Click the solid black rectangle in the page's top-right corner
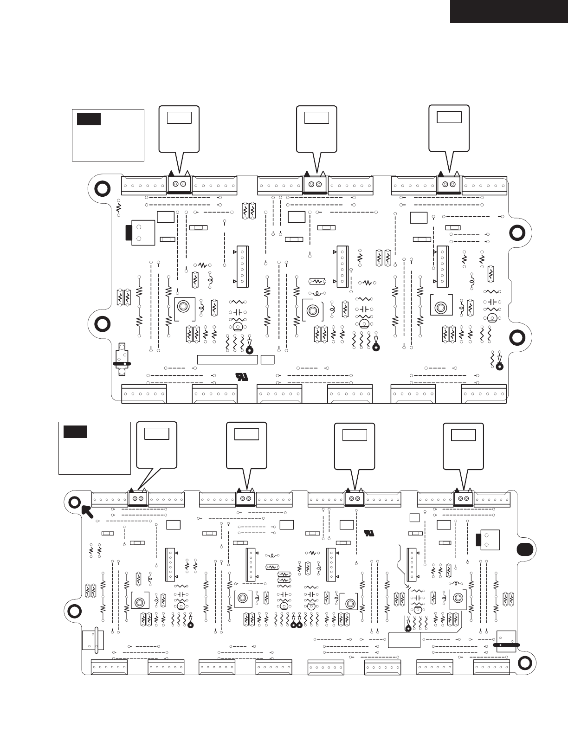[x=509, y=11]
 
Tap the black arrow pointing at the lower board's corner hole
[x=87, y=511]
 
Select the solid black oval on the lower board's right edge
[x=523, y=549]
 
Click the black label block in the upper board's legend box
[x=89, y=119]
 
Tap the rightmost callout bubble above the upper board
[x=449, y=129]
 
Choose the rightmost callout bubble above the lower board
[x=463, y=445]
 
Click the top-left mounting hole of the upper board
[x=102, y=188]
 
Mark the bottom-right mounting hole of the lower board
[x=525, y=662]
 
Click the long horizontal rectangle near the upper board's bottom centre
[x=227, y=360]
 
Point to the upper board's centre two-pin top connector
[x=316, y=185]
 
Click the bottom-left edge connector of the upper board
[x=144, y=393]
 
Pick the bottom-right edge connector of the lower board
[x=491, y=667]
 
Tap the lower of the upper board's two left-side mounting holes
[x=102, y=324]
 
